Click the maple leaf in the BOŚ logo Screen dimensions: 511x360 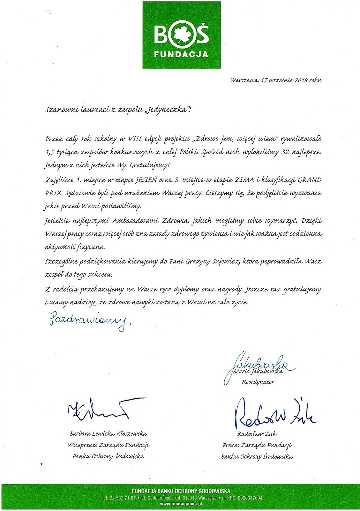tap(181, 34)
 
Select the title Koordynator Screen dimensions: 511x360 tap(258, 382)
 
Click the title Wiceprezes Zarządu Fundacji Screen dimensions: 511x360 tap(109, 445)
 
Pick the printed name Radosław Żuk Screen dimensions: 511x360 tap(257, 434)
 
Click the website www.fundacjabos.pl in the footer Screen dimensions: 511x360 tap(181, 504)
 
